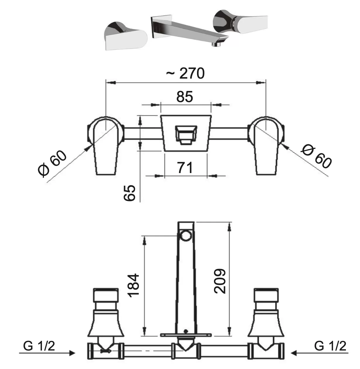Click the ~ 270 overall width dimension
coord(185,73)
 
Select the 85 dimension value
coord(185,97)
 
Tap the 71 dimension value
coord(185,167)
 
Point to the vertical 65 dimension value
coord(129,193)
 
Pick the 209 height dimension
coord(220,281)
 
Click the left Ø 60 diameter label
coord(52,164)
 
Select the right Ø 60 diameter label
coord(316,157)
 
